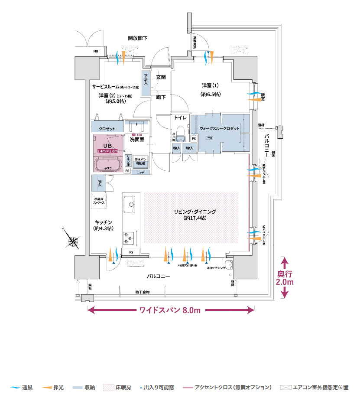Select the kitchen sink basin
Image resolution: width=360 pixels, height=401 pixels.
point(130,203)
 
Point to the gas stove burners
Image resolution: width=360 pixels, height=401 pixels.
point(129,237)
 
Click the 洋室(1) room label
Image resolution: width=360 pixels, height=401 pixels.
point(211,85)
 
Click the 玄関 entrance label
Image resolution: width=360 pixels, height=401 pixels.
point(161,77)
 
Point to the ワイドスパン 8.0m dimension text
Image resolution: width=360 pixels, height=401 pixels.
point(170,310)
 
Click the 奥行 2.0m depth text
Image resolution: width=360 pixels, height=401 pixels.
point(285,278)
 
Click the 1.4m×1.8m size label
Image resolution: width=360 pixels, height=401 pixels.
point(107,151)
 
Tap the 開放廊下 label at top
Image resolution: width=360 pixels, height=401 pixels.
point(138,38)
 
